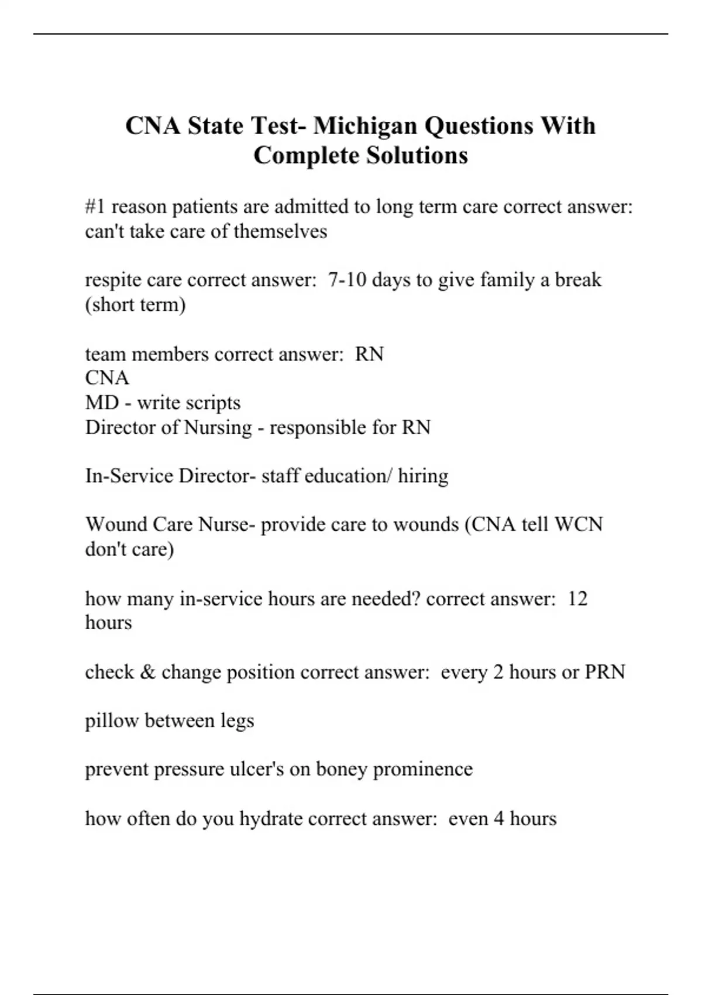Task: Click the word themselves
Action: tap(280, 231)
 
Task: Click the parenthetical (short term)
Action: tap(135, 305)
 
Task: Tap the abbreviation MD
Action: tap(102, 403)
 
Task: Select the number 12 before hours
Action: tap(577, 598)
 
